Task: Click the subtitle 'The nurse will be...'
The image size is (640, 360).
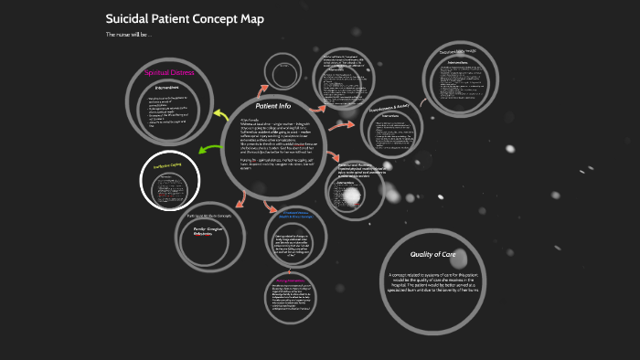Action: pyautogui.click(x=129, y=35)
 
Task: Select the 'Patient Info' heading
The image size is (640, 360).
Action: pyautogui.click(x=272, y=106)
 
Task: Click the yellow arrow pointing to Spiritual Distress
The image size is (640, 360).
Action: pyautogui.click(x=220, y=115)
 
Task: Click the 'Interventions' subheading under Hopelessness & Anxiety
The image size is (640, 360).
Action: pyautogui.click(x=391, y=117)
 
